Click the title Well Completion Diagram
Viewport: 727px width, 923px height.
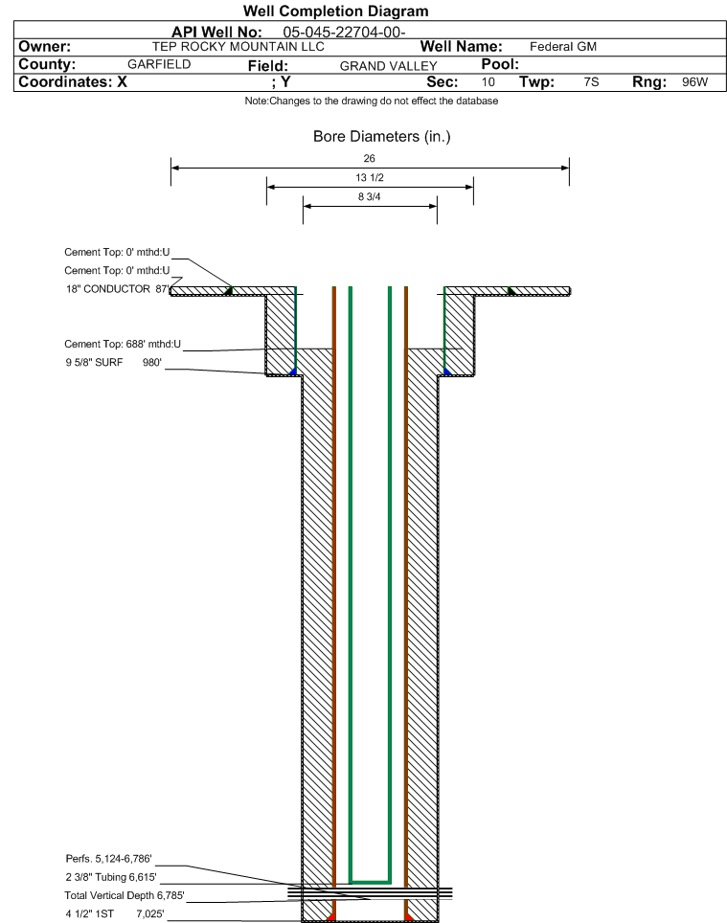(335, 11)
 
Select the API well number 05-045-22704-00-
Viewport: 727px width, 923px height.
(345, 32)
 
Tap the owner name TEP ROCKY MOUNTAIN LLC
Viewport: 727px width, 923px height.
(238, 47)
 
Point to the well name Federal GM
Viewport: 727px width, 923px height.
(563, 47)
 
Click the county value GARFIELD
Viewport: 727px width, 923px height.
(159, 64)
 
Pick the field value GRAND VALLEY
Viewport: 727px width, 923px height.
(389, 66)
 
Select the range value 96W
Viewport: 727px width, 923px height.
(694, 81)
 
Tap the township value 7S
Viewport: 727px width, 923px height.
(591, 81)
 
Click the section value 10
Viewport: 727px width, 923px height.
(488, 81)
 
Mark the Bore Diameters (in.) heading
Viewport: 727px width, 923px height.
(381, 137)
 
